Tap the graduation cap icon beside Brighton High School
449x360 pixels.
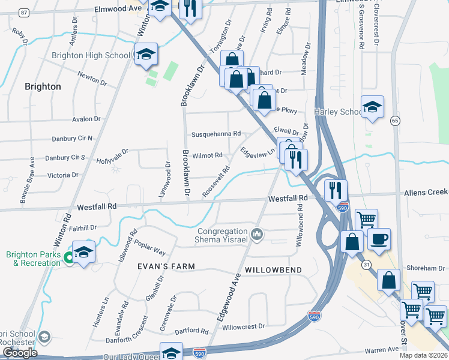[146, 55]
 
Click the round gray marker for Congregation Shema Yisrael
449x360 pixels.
[257, 233]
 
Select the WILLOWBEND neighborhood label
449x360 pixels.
[274, 270]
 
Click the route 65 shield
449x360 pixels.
[394, 121]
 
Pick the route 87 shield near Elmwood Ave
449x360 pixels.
[23, 12]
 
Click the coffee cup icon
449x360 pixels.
[379, 239]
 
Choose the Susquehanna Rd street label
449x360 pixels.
[216, 134]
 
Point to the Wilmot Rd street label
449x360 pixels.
[208, 155]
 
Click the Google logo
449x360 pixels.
[20, 353]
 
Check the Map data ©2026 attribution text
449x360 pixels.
[423, 355]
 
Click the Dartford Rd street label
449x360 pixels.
[191, 331]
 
